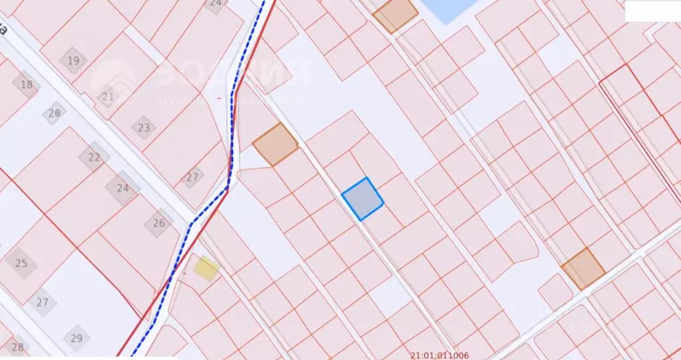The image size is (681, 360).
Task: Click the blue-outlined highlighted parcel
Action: [x=362, y=198]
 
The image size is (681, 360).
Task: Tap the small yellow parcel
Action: [x=206, y=268]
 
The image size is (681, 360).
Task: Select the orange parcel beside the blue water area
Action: [x=395, y=14]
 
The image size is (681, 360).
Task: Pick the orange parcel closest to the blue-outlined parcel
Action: [x=275, y=144]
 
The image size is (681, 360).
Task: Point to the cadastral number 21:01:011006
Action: [x=440, y=355]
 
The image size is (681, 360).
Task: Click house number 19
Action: [x=73, y=61]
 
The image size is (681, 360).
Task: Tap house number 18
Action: [x=27, y=85]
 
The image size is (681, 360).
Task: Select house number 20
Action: [x=55, y=113]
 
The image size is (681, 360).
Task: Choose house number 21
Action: [x=108, y=96]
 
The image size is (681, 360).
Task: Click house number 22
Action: [x=95, y=157]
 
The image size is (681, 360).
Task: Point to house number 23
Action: [x=144, y=126]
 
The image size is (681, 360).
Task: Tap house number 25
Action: [x=21, y=263]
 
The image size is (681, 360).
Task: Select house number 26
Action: [x=159, y=223]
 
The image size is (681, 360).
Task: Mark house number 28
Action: [x=17, y=347]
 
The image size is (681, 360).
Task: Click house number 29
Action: [x=77, y=338]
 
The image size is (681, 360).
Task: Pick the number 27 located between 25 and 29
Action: [x=43, y=302]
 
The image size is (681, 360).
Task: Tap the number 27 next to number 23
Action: [x=192, y=176]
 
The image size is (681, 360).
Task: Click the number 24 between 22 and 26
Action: [x=122, y=188]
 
